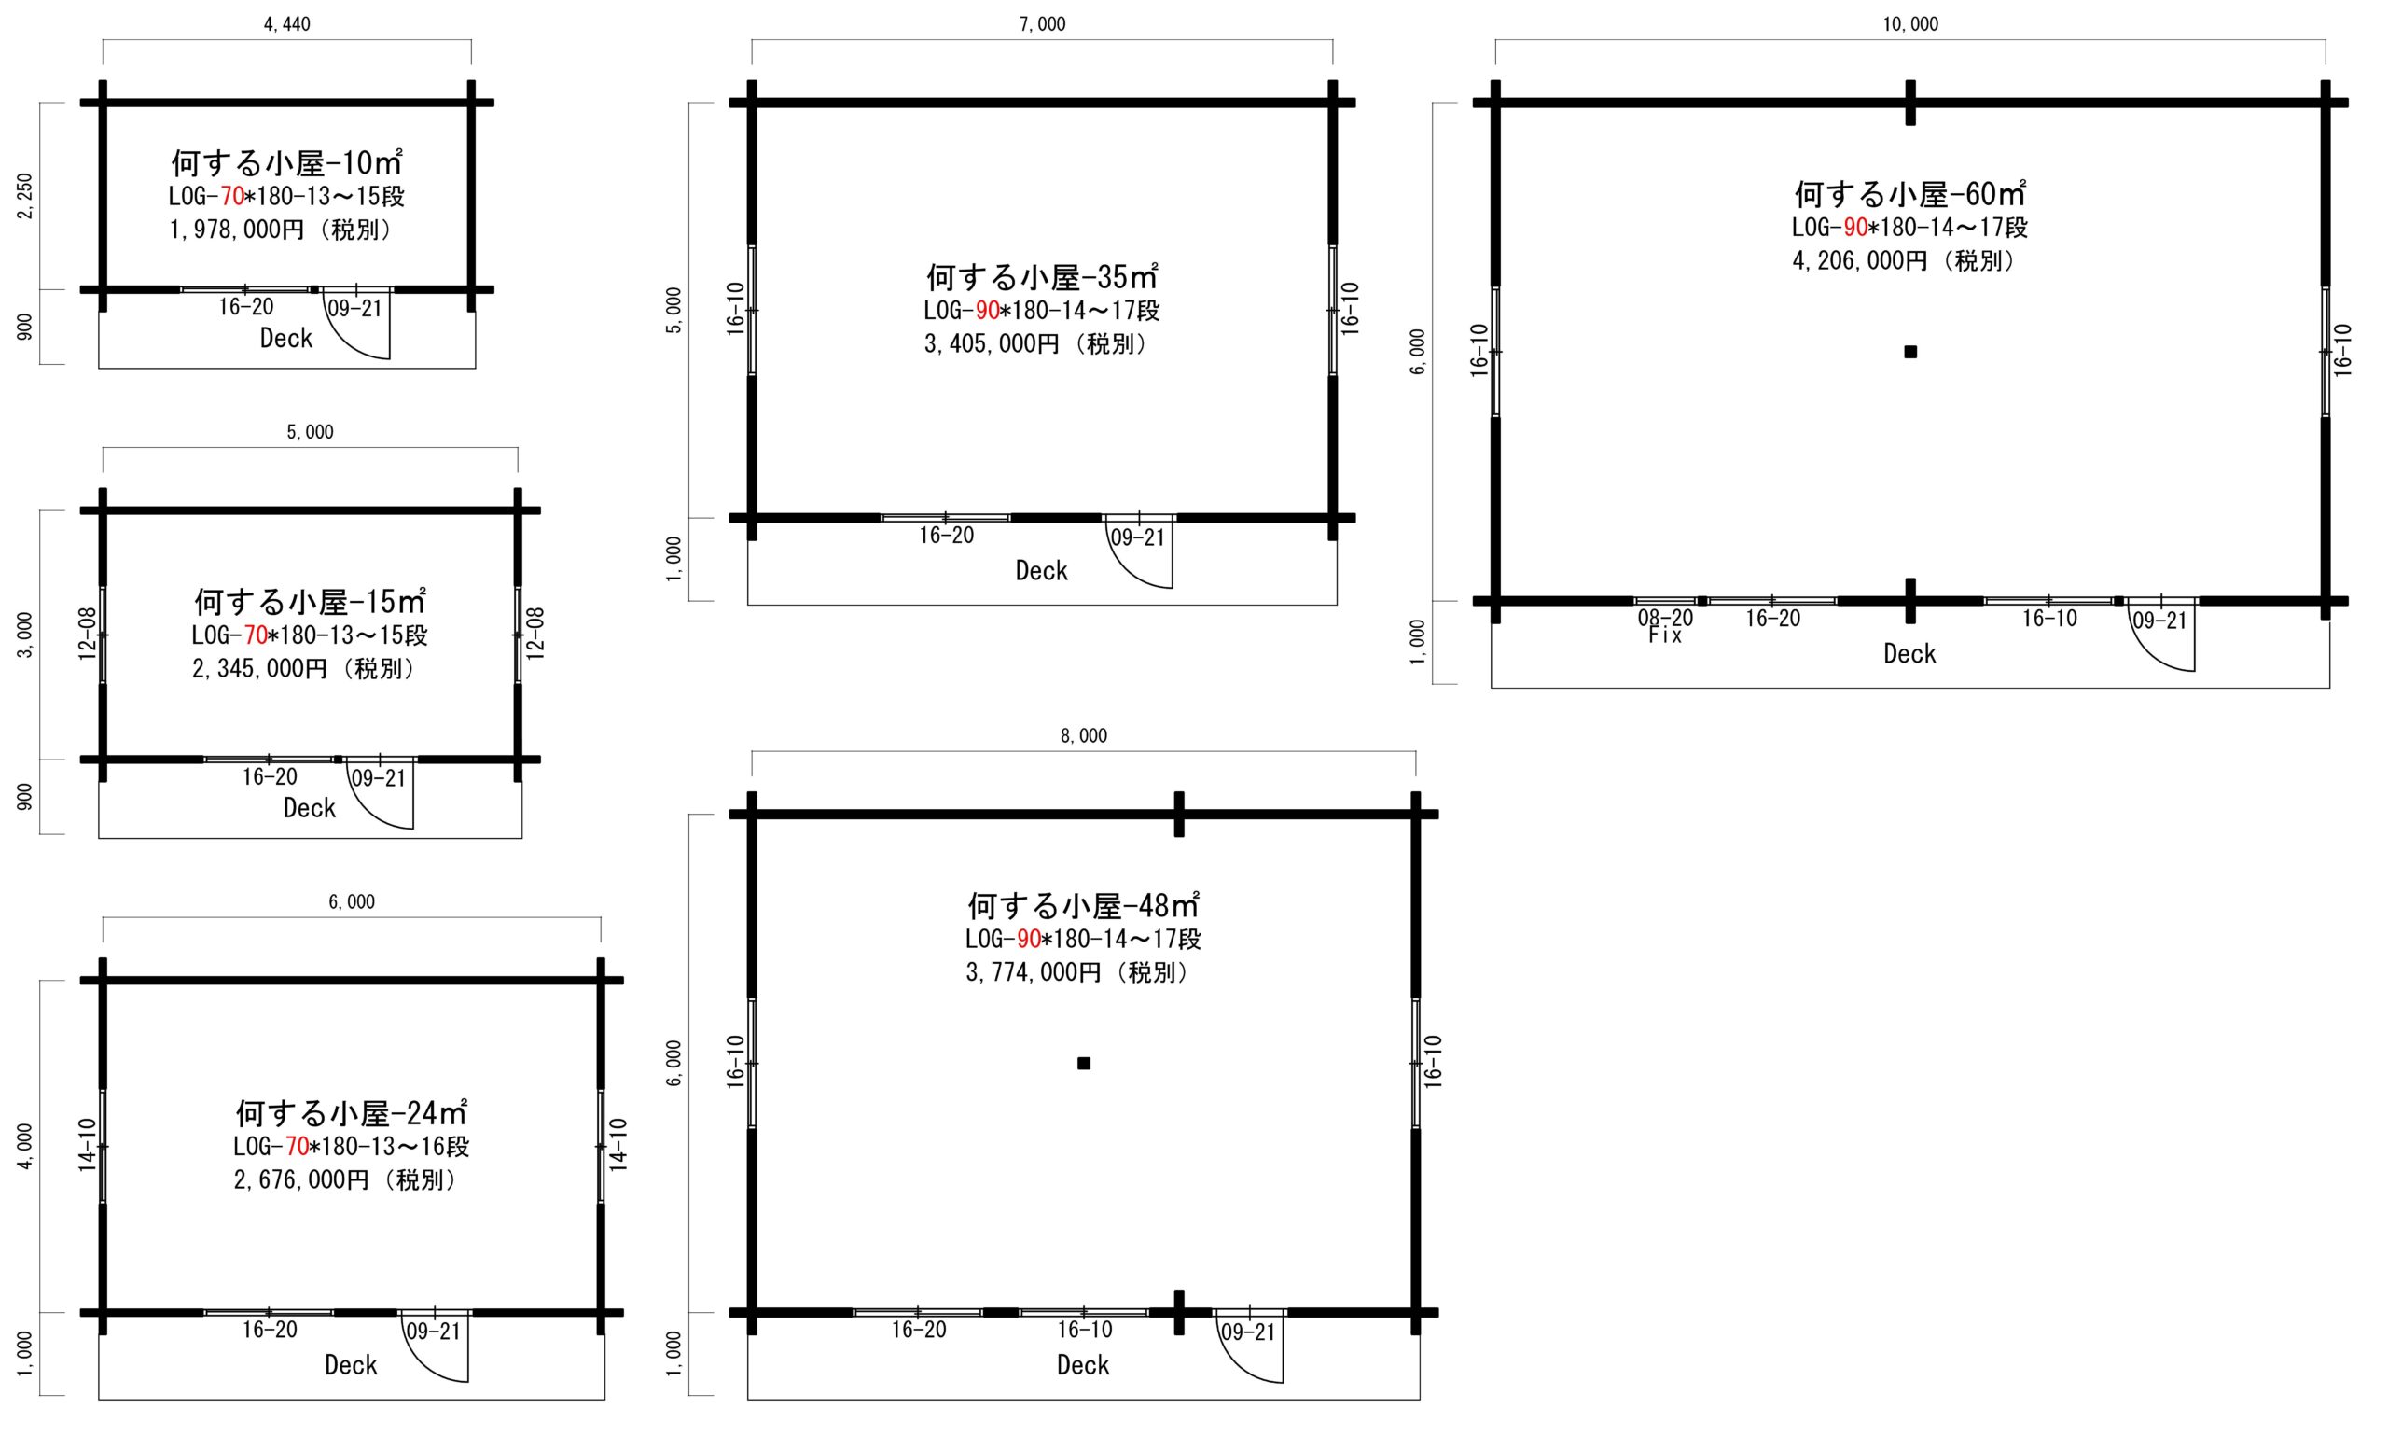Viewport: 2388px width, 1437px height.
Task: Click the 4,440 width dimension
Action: [x=286, y=24]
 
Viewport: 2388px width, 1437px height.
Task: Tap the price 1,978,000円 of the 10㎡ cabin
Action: [x=236, y=230]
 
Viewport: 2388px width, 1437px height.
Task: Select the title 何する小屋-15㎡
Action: [x=310, y=601]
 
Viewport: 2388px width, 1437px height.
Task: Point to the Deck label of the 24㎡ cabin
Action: [x=351, y=1364]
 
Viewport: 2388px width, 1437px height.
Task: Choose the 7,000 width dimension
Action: [x=1042, y=24]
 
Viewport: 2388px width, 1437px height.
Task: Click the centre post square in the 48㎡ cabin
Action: [x=1083, y=1063]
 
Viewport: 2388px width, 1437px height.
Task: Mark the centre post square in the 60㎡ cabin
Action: [x=1909, y=352]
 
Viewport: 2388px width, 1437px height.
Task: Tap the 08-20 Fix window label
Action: [x=1665, y=626]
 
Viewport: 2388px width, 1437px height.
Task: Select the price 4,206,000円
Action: [x=1859, y=261]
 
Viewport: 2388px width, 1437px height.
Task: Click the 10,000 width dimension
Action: [x=1909, y=24]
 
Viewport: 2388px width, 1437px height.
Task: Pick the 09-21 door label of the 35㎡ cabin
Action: [x=1137, y=537]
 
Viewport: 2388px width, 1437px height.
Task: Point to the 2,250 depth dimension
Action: [x=25, y=196]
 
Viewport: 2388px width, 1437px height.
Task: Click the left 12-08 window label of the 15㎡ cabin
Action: [x=87, y=635]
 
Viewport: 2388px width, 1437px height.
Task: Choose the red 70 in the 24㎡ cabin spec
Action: [x=297, y=1147]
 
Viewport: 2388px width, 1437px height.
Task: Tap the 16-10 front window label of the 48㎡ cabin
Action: [x=1084, y=1330]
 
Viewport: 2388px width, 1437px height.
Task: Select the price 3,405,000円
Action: [x=992, y=344]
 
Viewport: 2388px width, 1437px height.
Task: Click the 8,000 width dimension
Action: [x=1083, y=736]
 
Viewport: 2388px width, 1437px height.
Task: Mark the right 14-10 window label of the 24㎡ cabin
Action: [x=618, y=1146]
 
